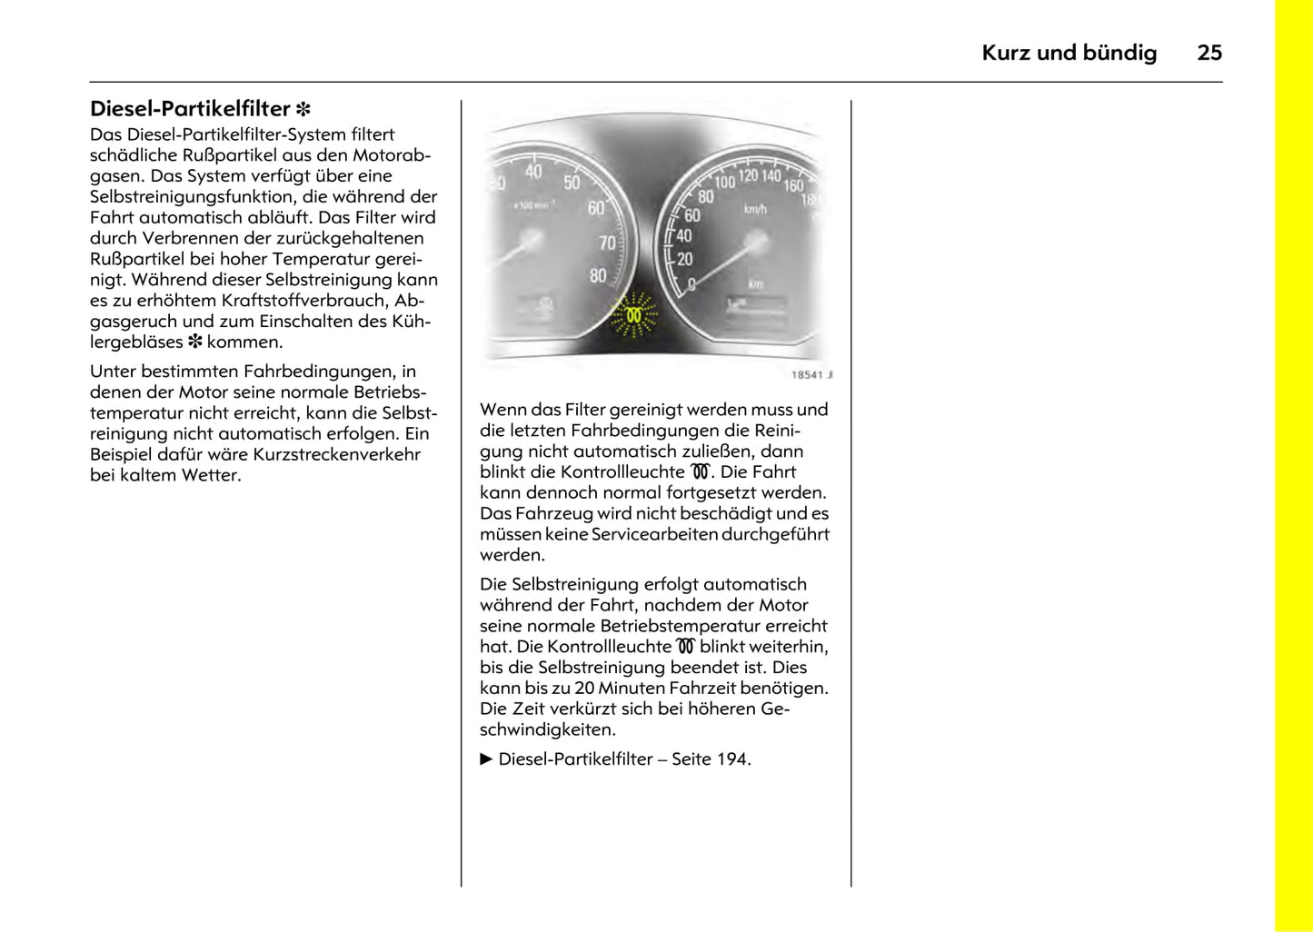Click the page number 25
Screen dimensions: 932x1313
point(1209,53)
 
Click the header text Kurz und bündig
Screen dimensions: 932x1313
point(1069,53)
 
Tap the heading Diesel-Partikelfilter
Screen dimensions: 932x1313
point(190,109)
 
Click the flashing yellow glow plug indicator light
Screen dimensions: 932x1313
point(633,315)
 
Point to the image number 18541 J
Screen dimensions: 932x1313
point(811,374)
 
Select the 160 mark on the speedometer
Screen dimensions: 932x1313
point(793,185)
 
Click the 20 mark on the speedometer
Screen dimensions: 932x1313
point(684,259)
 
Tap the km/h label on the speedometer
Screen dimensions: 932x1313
point(755,210)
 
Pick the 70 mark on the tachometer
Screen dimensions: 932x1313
point(607,243)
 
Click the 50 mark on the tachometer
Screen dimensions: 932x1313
point(572,183)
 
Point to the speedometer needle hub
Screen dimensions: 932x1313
point(756,243)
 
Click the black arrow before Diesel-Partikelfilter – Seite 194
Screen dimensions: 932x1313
point(486,759)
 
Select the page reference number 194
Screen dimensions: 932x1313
point(732,759)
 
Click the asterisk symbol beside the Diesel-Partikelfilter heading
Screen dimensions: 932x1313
point(303,110)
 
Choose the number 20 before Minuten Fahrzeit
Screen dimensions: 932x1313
point(584,689)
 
